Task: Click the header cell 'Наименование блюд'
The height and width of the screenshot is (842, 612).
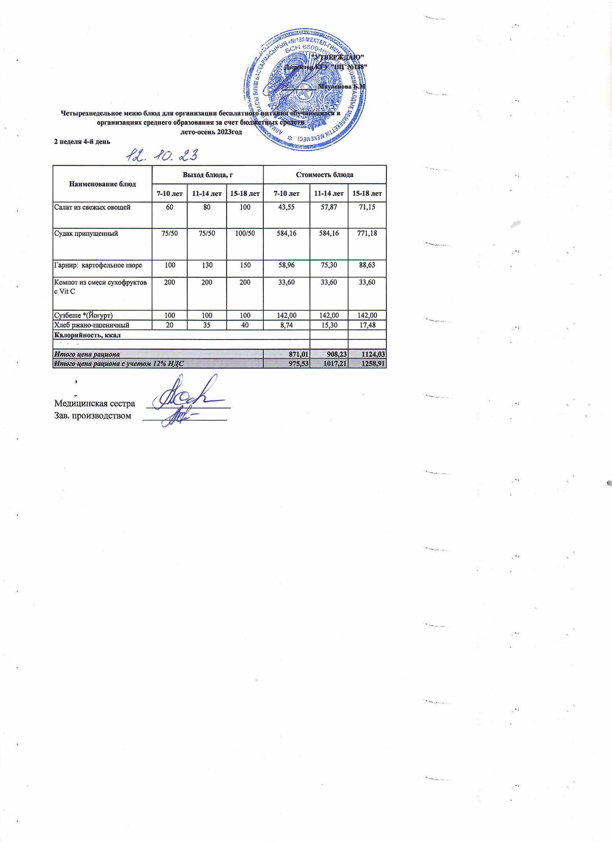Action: point(103,184)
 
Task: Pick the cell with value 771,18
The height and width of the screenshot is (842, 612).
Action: point(367,234)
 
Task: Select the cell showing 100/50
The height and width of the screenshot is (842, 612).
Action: point(244,234)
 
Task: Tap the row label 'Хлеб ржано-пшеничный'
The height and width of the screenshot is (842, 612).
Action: point(92,325)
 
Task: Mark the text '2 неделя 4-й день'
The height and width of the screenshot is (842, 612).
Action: point(82,142)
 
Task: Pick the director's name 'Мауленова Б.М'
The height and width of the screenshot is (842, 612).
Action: point(342,86)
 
